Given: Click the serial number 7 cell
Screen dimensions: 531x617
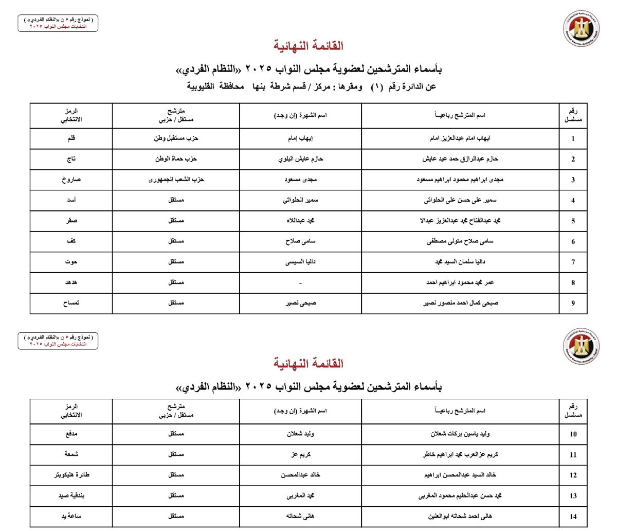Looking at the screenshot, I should coord(573,262).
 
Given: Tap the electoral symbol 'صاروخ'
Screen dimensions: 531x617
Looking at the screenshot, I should coord(71,180).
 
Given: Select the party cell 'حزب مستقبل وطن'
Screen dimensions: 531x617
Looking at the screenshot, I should coord(176,138).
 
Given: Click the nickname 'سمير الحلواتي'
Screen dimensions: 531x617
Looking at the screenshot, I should coord(300,200).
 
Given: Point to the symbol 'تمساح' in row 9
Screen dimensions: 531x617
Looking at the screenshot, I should coord(71,303).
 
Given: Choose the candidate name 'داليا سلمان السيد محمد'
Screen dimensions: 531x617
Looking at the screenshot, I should coord(460,262).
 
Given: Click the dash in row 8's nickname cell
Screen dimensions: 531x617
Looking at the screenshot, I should coord(300,283).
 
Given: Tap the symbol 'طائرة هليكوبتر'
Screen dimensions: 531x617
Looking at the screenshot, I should coord(71,475).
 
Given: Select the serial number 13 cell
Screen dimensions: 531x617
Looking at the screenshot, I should coord(573,496).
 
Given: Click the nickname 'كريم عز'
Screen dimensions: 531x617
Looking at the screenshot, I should coord(300,455).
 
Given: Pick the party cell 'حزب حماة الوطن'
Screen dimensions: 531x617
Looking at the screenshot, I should coord(176,159).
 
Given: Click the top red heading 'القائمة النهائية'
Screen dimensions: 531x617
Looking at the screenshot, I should coord(308,46).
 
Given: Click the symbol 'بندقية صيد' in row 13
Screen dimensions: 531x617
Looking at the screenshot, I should coord(71,495).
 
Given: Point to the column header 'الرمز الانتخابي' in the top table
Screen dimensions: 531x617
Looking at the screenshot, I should coord(71,115).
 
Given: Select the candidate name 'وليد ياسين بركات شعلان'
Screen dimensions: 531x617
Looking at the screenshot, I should coord(460,434).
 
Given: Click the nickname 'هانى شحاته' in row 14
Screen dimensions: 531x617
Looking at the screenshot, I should coord(300,516).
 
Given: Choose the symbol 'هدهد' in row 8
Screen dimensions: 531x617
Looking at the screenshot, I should coord(71,282).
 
